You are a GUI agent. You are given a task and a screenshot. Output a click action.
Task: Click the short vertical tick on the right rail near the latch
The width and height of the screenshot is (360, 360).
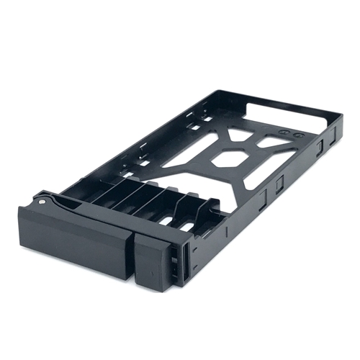click(229, 230)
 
